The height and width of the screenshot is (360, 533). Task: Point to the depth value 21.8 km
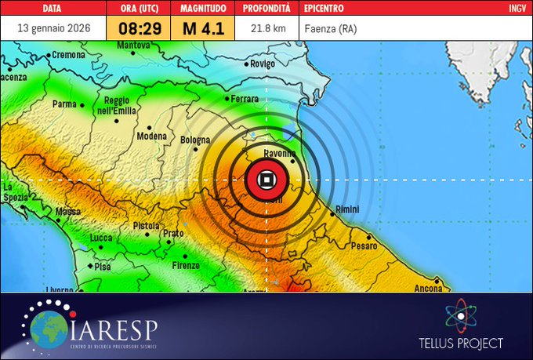[x=268, y=28]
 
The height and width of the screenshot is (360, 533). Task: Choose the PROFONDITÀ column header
[x=266, y=8]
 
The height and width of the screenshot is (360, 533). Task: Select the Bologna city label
[x=195, y=140]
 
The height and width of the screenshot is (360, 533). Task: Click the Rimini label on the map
[x=346, y=210]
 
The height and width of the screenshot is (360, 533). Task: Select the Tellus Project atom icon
[x=460, y=317]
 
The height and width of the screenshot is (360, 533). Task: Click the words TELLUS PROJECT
[x=460, y=343]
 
